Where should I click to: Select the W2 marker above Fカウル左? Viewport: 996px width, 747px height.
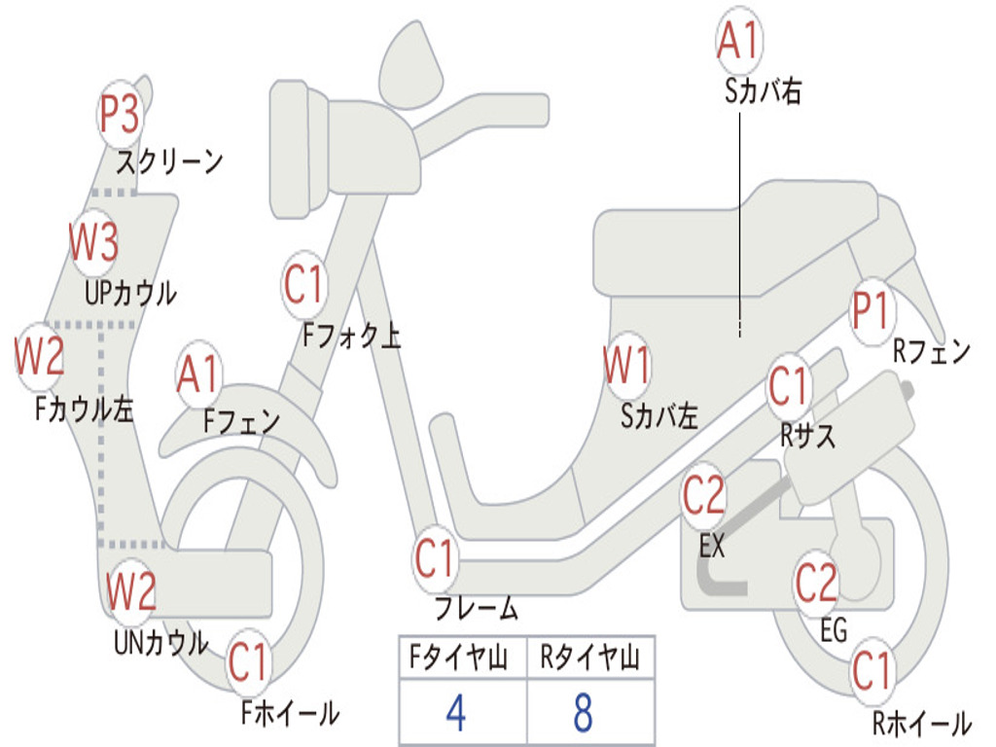(40, 357)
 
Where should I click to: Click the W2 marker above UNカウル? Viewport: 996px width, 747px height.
(131, 590)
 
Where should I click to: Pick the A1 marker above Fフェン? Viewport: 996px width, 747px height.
(199, 374)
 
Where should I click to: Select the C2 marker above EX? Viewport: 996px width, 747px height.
(703, 496)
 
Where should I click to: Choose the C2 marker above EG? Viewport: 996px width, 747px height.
(816, 583)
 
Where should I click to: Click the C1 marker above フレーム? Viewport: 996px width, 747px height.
(435, 558)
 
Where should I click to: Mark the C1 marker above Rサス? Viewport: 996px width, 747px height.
(789, 387)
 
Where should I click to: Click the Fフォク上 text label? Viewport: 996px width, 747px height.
(351, 337)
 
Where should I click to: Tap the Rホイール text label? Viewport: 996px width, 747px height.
(921, 724)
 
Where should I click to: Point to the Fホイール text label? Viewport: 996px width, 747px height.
(290, 713)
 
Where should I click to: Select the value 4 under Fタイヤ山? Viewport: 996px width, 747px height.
(455, 713)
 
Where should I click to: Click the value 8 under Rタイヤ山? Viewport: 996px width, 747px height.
(583, 713)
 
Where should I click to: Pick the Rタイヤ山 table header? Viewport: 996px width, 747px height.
(589, 659)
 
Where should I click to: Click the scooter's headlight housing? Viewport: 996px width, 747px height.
(298, 149)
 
